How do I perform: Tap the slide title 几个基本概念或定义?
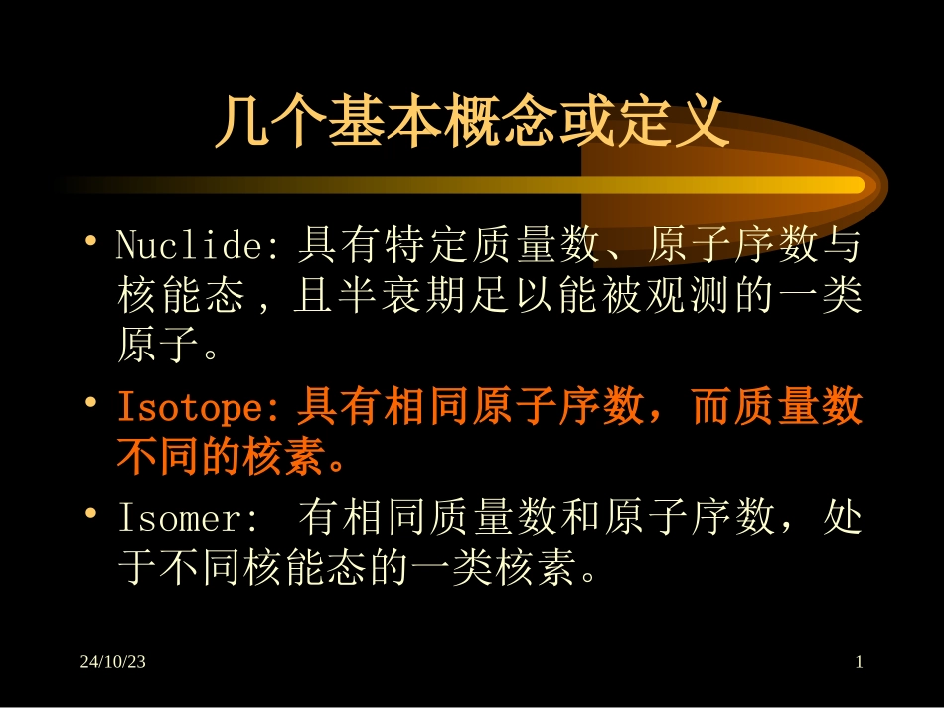pos(472,122)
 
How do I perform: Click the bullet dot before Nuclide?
pos(91,240)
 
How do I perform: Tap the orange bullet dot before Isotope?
pos(91,404)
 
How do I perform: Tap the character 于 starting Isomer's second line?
pos(138,571)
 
